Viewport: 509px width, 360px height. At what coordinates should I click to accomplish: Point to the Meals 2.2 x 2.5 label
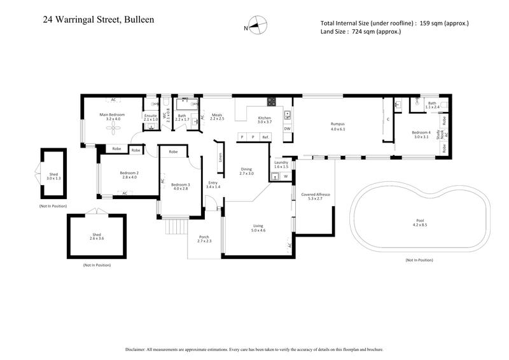(x=217, y=117)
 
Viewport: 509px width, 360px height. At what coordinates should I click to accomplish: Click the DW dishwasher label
(x=288, y=128)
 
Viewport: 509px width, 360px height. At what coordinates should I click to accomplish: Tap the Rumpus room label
(x=337, y=126)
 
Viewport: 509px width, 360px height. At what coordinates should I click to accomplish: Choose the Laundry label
(x=281, y=164)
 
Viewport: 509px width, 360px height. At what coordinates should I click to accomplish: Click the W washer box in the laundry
(x=286, y=176)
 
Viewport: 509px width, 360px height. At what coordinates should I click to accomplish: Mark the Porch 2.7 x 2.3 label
(x=204, y=240)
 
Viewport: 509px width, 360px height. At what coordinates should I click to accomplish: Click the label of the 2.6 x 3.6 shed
(x=97, y=236)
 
